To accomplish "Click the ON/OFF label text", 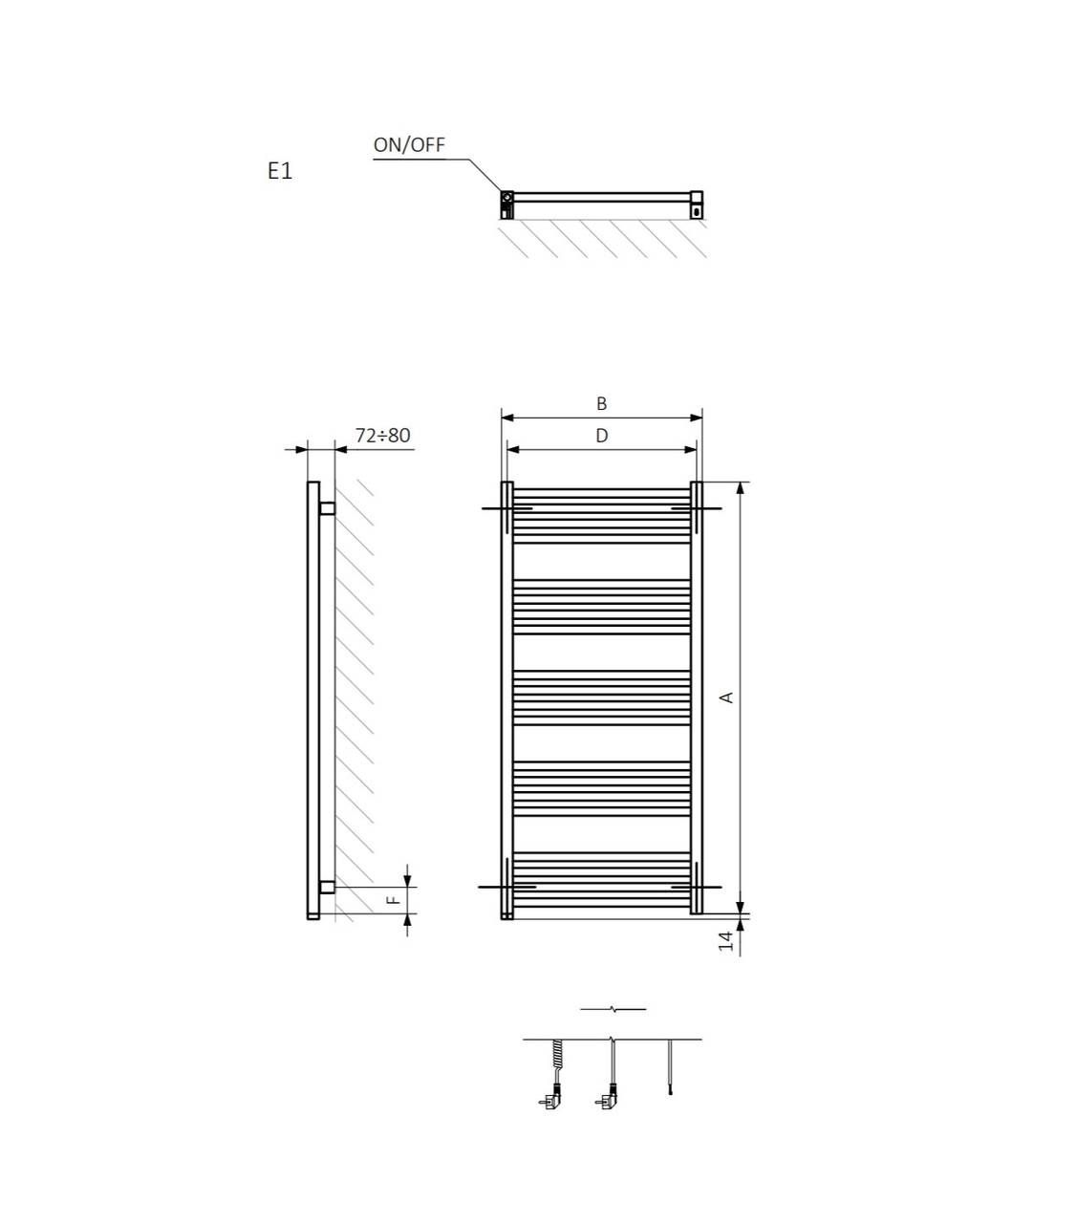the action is [x=409, y=145].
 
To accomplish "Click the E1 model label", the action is [x=280, y=171].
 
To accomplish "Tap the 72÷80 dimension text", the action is [x=382, y=435].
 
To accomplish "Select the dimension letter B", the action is [x=601, y=403].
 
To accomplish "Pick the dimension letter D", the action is [x=601, y=436].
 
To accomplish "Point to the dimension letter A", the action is [x=726, y=697].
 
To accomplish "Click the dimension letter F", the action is [x=393, y=899].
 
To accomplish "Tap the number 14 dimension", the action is [x=726, y=940].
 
